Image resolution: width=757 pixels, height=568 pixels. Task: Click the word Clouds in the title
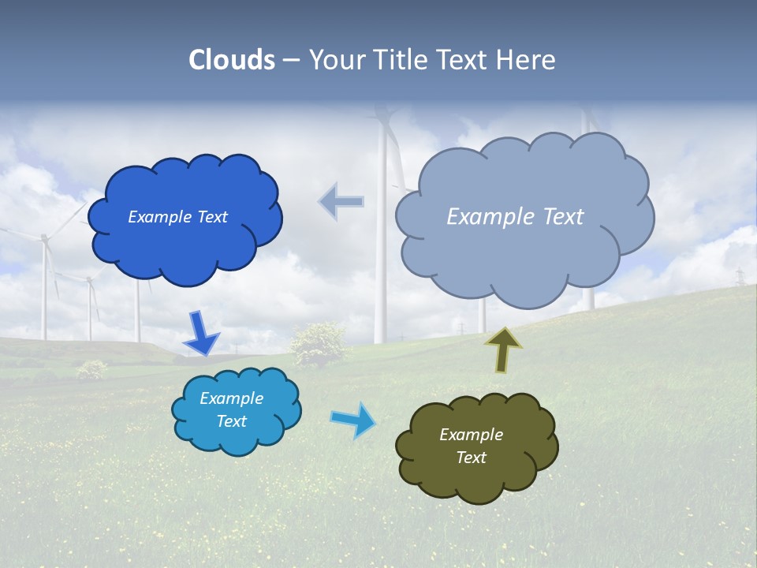(232, 60)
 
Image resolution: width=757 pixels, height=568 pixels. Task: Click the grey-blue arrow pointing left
(341, 201)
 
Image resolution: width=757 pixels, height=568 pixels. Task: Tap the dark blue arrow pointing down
(200, 334)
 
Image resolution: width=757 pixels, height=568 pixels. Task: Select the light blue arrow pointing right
(352, 419)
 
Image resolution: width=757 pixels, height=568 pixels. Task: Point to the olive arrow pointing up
(503, 349)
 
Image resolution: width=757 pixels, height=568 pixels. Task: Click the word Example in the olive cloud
(471, 435)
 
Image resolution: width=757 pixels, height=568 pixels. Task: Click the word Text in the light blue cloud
(232, 421)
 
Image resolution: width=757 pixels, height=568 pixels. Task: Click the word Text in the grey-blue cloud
(558, 217)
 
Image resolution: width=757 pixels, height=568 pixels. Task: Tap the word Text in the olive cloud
(471, 458)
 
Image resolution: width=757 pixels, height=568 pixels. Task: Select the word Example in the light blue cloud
(232, 398)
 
